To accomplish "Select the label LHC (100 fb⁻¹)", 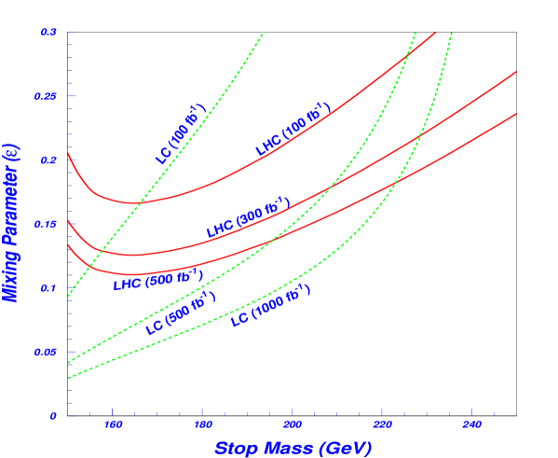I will click(x=293, y=130).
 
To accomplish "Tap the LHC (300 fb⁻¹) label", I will click(x=248, y=217).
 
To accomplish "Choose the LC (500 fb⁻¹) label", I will click(x=181, y=312).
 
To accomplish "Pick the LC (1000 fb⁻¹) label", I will click(x=270, y=306).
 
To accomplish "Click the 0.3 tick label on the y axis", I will click(x=48, y=32).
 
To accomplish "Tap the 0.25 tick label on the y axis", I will click(x=47, y=96).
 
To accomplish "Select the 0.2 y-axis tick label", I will click(x=48, y=160).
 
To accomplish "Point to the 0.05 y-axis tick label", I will click(x=47, y=352).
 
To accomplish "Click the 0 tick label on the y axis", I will click(x=53, y=415).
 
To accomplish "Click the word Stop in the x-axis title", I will click(x=238, y=448).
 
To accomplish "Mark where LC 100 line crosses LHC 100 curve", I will click(x=139, y=202).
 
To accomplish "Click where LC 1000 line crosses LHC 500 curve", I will click(x=393, y=179).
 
